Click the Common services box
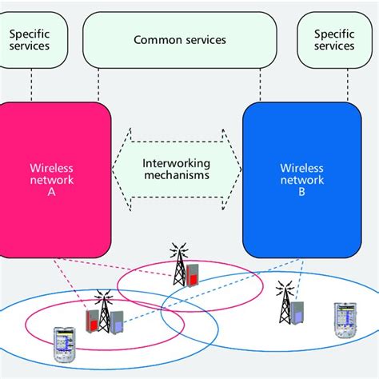(x=180, y=39)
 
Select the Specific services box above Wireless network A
(x=30, y=39)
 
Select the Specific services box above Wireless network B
(x=333, y=39)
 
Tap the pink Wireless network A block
(x=54, y=179)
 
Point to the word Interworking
(x=177, y=162)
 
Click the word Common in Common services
(x=154, y=39)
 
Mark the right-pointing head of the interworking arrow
(x=233, y=169)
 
